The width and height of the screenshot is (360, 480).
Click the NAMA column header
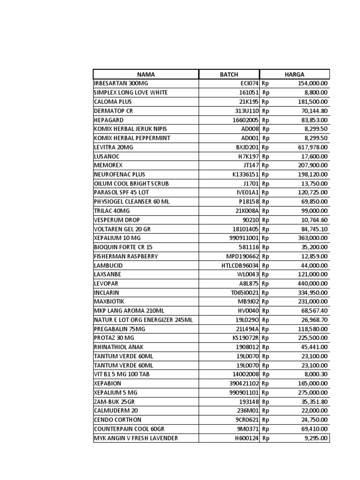pyautogui.click(x=146, y=74)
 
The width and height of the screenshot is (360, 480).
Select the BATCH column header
pyautogui.click(x=229, y=74)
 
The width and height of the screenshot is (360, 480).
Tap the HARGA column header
pyautogui.click(x=294, y=74)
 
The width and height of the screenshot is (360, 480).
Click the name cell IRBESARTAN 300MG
pyautogui.click(x=114, y=83)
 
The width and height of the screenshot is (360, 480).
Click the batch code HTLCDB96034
pyautogui.click(x=240, y=265)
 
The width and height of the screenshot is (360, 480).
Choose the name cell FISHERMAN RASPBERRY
pyautogui.click(x=126, y=256)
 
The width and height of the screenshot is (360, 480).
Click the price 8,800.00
pyautogui.click(x=316, y=92)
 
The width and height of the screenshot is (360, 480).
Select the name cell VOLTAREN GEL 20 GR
pyautogui.click(x=123, y=229)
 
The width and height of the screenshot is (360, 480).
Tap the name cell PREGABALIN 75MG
pyautogui.click(x=120, y=329)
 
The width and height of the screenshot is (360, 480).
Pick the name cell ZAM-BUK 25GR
pyautogui.click(x=114, y=402)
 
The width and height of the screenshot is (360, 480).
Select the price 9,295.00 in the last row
pyautogui.click(x=316, y=438)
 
